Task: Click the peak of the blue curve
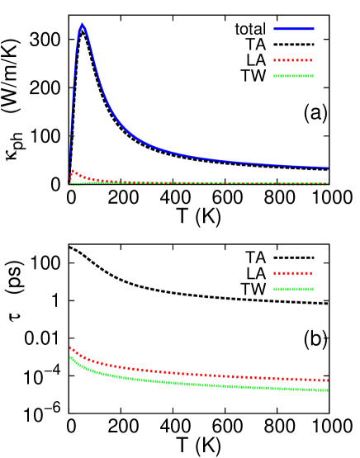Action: (82, 25)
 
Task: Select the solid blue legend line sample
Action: (294, 29)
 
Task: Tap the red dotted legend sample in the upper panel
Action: (293, 60)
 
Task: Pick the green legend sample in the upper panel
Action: (293, 76)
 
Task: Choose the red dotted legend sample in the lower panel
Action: (293, 273)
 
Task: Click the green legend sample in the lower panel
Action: (293, 289)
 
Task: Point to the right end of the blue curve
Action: (328, 168)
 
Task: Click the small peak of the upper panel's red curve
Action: (73, 171)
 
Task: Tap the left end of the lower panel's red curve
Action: (70, 347)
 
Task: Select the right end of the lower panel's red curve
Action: (328, 380)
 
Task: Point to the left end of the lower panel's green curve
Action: (70, 356)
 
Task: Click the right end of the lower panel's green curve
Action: (328, 390)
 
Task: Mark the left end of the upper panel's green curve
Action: (70, 185)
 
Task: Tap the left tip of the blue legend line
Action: (274, 29)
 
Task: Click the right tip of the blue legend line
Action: (314, 29)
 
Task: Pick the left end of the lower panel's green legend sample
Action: (274, 289)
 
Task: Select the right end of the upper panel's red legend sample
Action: (312, 60)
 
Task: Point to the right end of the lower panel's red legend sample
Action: (312, 273)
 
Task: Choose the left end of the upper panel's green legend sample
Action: (274, 76)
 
